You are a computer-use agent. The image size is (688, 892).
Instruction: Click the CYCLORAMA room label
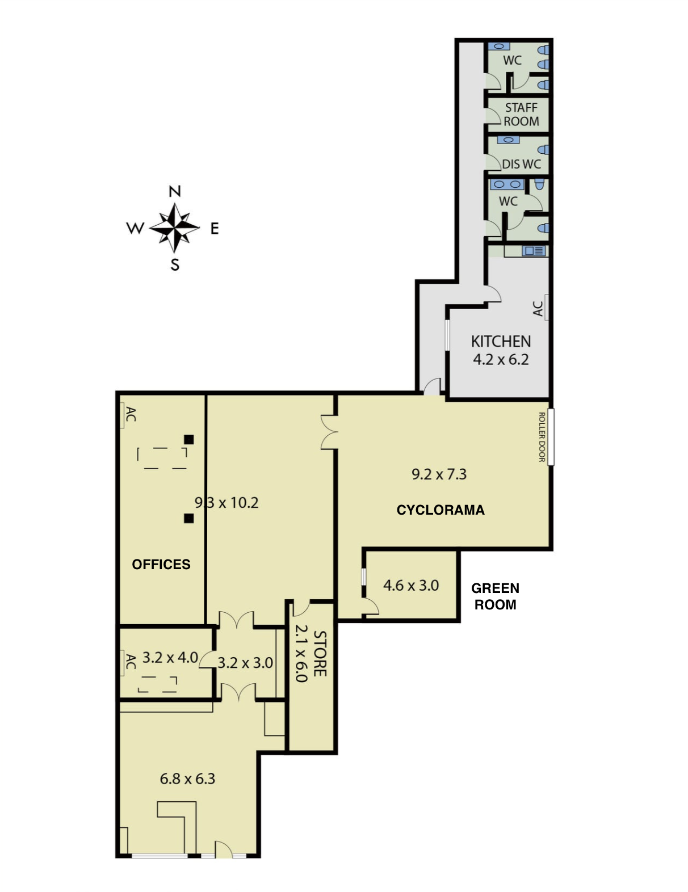point(440,510)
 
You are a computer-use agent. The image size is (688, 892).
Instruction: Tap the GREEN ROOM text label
point(495,596)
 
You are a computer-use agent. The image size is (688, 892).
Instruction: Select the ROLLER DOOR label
point(542,437)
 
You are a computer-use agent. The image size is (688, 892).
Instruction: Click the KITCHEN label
point(501,342)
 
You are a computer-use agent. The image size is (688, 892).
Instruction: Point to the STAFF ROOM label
point(521,115)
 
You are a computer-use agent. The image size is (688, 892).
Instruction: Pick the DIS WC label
point(521,164)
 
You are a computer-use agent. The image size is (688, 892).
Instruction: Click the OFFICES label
point(161,565)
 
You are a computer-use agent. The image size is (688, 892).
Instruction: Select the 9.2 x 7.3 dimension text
point(439,474)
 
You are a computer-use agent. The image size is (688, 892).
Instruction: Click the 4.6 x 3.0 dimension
point(411,586)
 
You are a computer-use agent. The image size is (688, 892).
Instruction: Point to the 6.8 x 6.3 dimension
point(187,779)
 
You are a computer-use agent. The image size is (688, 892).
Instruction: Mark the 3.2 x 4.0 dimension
point(170,658)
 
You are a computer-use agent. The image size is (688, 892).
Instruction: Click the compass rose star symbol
point(174,228)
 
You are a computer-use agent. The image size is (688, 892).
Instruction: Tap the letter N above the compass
point(175,191)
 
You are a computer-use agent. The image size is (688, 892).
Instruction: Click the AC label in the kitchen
point(538,309)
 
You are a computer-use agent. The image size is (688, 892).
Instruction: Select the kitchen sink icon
point(534,250)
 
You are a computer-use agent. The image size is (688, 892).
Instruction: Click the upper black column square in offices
point(188,439)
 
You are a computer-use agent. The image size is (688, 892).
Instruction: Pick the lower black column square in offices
point(188,519)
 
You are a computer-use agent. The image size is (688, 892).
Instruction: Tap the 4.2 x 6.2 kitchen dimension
point(501,360)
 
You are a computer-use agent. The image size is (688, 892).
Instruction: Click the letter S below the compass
point(175,265)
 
